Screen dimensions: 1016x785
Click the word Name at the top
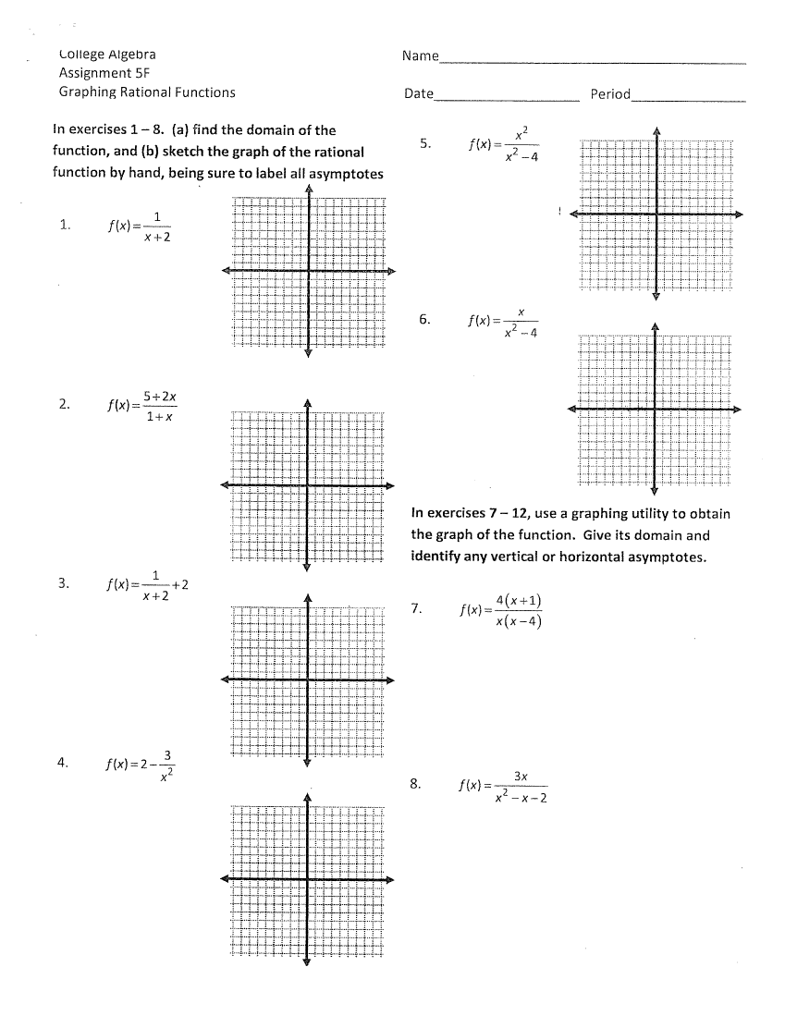point(421,56)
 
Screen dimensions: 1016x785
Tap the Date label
point(419,93)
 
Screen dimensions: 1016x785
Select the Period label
point(610,93)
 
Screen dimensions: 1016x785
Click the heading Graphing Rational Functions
point(147,92)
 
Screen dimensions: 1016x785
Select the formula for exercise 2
point(142,407)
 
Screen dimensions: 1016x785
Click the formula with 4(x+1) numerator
point(500,610)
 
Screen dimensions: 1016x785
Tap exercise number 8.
point(416,784)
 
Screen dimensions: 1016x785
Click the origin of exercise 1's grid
point(308,271)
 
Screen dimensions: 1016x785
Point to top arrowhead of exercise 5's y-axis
point(656,129)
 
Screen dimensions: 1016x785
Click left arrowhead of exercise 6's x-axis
point(572,409)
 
